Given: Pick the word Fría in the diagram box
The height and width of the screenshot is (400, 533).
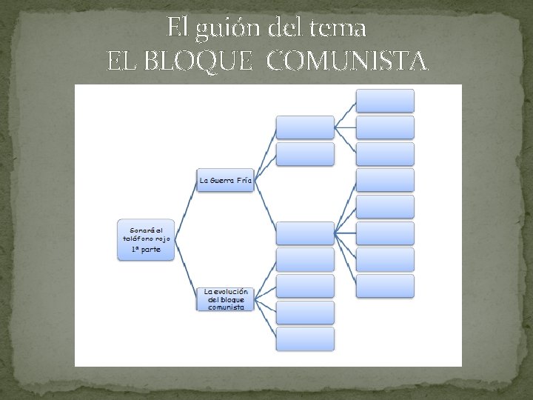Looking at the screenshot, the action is [x=244, y=180].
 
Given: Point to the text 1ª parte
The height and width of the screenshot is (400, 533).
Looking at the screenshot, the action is [x=146, y=250].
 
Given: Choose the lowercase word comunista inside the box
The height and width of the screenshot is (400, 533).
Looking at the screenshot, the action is [x=226, y=307].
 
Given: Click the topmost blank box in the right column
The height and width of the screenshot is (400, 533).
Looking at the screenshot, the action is [x=385, y=101].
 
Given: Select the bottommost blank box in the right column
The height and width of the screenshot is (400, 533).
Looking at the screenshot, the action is [x=385, y=286].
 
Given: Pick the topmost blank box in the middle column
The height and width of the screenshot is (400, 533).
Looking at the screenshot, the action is [x=305, y=127].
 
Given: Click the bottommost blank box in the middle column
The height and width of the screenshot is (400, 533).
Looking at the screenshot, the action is [x=305, y=339].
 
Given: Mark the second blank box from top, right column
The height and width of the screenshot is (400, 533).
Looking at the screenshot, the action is [x=385, y=127].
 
